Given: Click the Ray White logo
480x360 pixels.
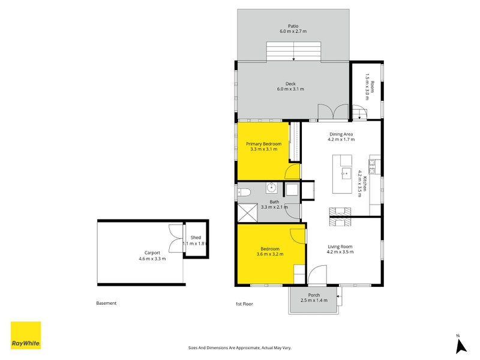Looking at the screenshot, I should tap(26, 335).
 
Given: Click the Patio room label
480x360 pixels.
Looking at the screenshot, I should tap(293, 26).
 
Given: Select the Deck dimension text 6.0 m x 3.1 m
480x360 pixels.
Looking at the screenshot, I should tap(290, 89).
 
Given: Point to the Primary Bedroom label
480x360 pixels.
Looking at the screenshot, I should tap(263, 144).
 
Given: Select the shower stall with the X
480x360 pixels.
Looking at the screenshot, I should tap(247, 211).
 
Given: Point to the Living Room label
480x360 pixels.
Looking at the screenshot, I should tap(340, 247).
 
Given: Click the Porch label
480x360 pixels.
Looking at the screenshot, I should tap(314, 295).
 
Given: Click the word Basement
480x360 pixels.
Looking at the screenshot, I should tap(106, 304).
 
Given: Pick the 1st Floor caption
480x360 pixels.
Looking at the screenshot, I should tap(244, 304).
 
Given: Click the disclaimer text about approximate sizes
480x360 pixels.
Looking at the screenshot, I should tap(240, 347).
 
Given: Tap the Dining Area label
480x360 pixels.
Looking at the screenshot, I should tap(341, 134).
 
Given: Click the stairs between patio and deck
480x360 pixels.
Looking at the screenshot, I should tap(294, 52).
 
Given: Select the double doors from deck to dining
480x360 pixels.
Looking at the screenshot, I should tap(333, 112).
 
